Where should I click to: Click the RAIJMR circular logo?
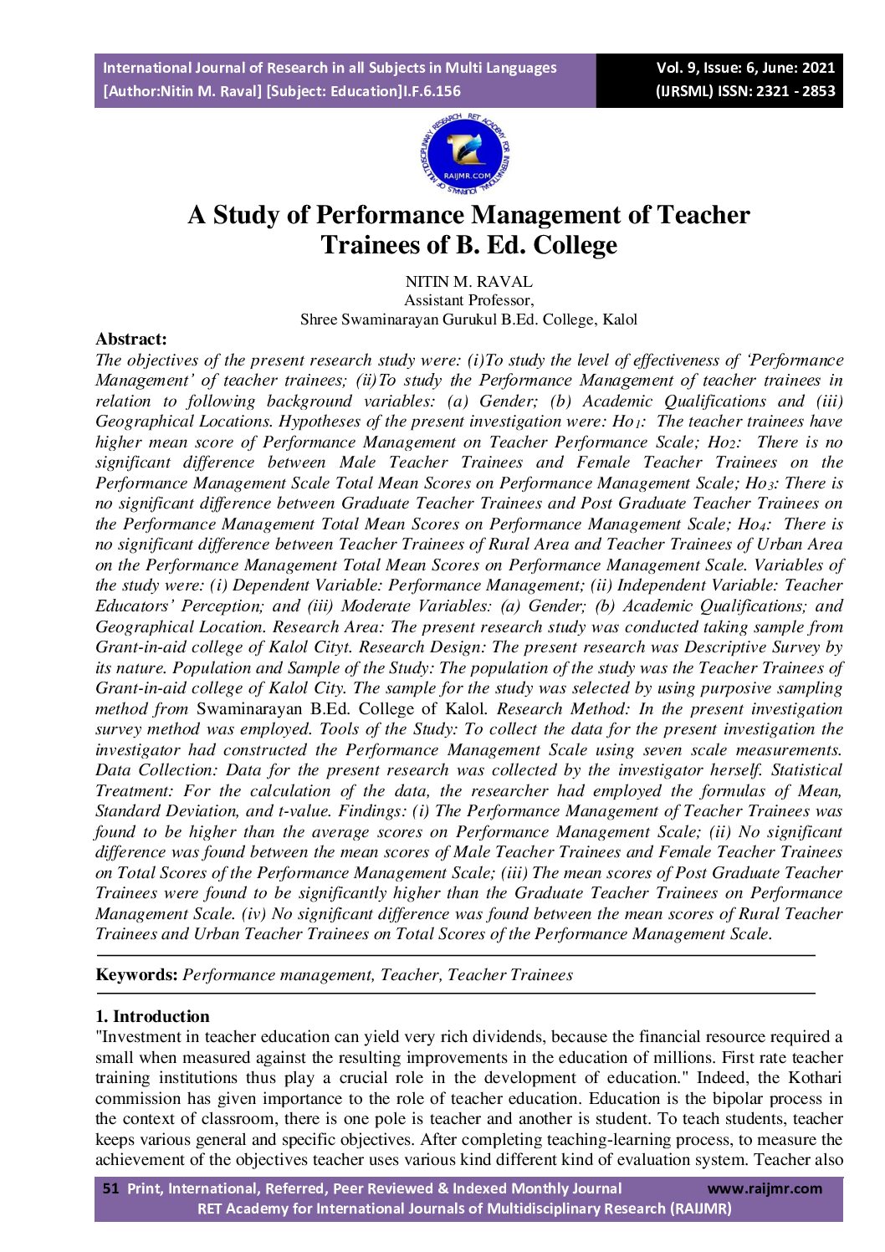[x=466, y=156]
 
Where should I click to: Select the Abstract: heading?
[x=131, y=340]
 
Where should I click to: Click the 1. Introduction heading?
[x=152, y=1017]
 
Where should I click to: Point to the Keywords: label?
[x=136, y=975]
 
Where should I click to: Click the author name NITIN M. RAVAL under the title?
[x=468, y=282]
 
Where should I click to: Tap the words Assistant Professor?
[x=468, y=300]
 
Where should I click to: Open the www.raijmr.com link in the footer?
[x=765, y=1188]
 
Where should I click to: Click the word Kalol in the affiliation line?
[x=620, y=319]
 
